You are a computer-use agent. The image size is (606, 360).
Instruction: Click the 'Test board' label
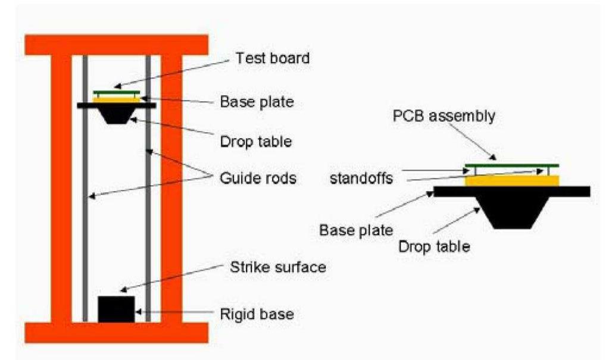[x=273, y=58]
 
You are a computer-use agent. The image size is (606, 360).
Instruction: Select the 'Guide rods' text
[x=257, y=177]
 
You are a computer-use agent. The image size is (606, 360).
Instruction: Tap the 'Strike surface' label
[x=277, y=267]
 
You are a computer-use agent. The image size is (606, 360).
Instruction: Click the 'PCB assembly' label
[x=444, y=115]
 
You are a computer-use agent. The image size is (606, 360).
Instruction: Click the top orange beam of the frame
[x=116, y=44]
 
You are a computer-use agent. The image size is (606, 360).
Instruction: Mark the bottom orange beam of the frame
[x=116, y=333]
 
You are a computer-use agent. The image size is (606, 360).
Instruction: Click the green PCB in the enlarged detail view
[x=512, y=165]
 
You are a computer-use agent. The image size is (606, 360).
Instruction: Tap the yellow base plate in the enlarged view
[x=512, y=180]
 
